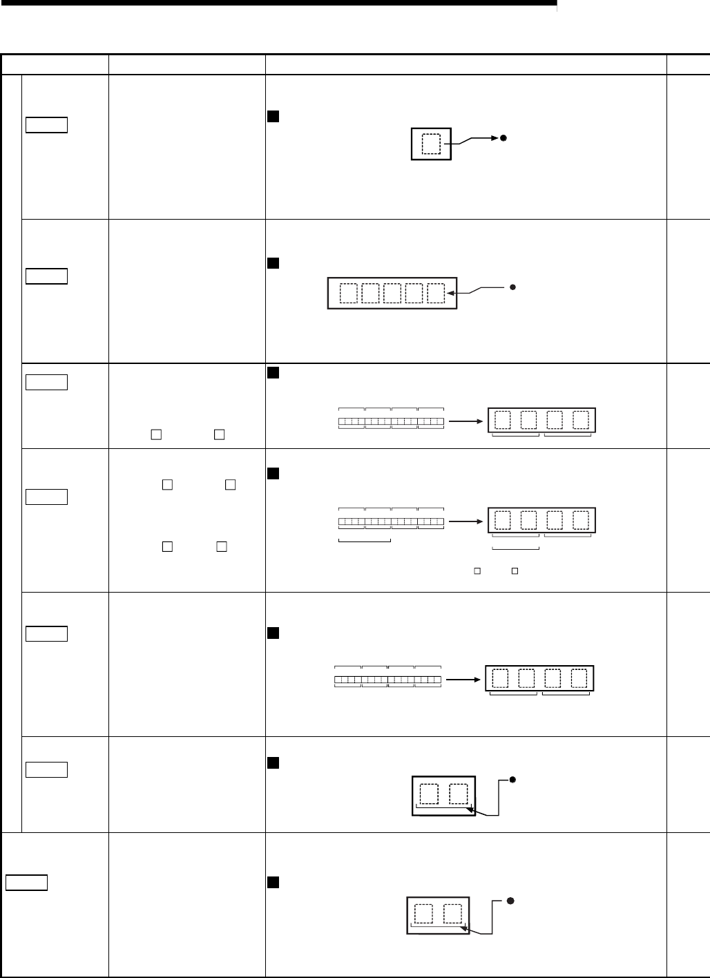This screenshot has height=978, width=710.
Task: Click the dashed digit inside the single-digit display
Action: click(x=430, y=144)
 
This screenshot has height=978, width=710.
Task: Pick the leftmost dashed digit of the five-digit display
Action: click(x=349, y=294)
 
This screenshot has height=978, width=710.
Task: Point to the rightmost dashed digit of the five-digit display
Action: click(x=435, y=294)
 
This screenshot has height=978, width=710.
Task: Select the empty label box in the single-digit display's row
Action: click(x=46, y=125)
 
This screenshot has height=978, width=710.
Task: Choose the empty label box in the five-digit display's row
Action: click(x=46, y=276)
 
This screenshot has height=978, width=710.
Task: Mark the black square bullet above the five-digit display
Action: click(x=271, y=263)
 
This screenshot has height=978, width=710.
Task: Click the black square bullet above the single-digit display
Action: click(x=271, y=116)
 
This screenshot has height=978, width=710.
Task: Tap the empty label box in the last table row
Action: click(x=26, y=883)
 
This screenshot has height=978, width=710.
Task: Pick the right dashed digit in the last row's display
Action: click(x=452, y=914)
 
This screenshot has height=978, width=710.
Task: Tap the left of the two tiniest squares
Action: click(x=476, y=571)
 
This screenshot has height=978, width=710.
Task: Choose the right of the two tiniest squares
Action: click(x=513, y=571)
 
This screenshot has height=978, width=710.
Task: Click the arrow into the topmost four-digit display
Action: click(x=465, y=420)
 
